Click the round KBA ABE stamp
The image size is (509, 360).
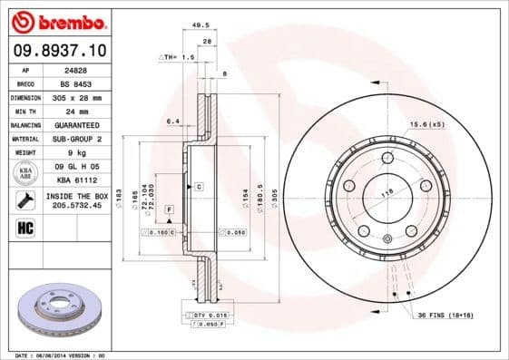pos(24,172)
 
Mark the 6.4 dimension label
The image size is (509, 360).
pos(171,120)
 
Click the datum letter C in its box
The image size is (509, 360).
pos(198,186)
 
